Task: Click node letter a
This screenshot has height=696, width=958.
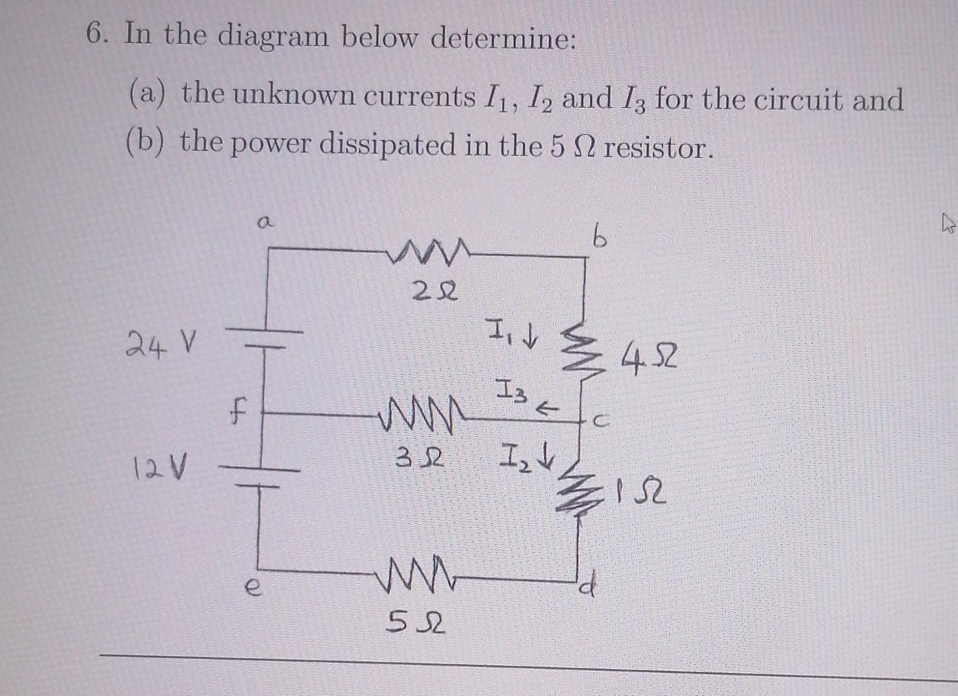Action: point(263,223)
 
